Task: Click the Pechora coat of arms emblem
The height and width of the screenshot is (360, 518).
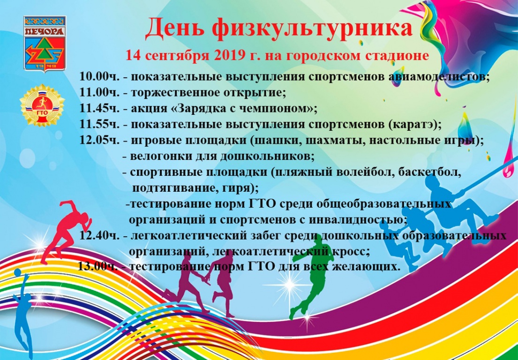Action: (45, 43)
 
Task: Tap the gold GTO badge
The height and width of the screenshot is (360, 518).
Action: (42, 105)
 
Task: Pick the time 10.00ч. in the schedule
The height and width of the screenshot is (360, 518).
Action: (99, 76)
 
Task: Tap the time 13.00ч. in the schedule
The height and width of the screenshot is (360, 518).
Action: (98, 266)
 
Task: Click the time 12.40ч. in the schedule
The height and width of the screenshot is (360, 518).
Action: (99, 235)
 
